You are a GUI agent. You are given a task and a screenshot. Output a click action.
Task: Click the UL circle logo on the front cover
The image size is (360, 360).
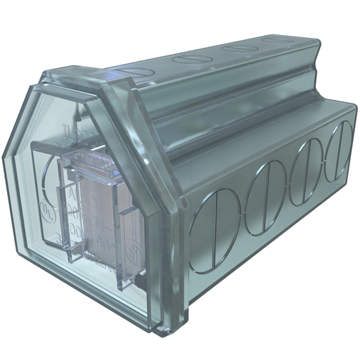point(46,210)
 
